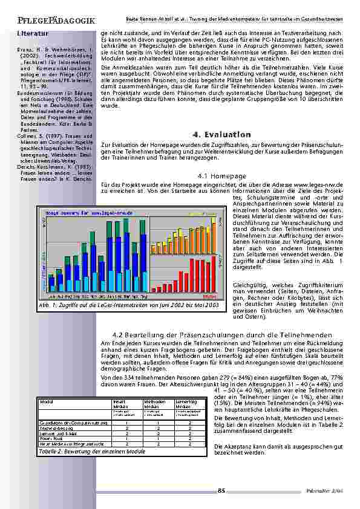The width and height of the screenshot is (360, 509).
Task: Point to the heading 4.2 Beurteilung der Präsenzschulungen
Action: tap(222, 334)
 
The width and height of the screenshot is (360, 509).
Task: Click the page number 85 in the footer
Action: tap(221, 490)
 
